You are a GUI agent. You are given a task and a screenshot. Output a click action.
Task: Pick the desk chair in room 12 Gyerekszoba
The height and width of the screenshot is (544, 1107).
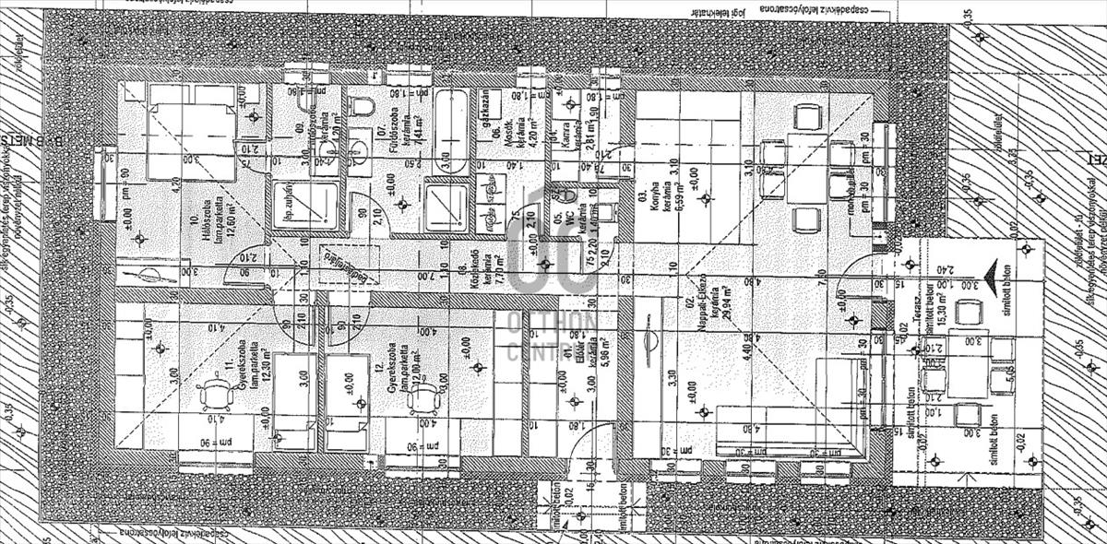click(x=425, y=397)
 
